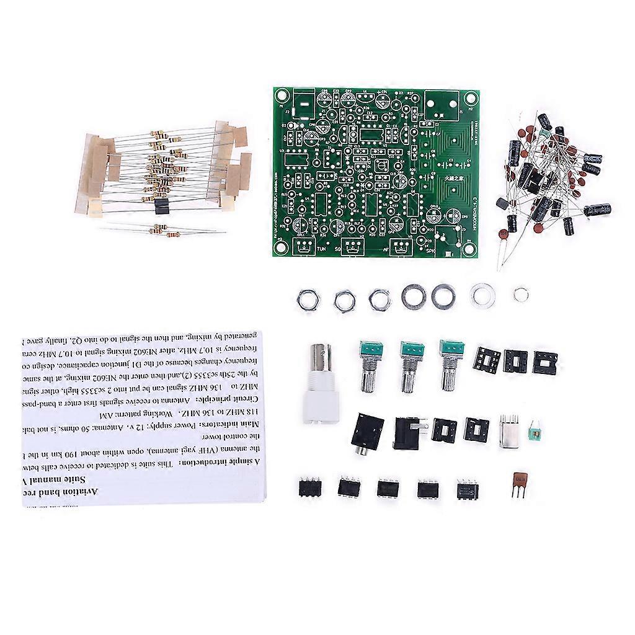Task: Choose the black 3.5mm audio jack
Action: [365, 433]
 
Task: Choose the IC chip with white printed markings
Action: [468, 489]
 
